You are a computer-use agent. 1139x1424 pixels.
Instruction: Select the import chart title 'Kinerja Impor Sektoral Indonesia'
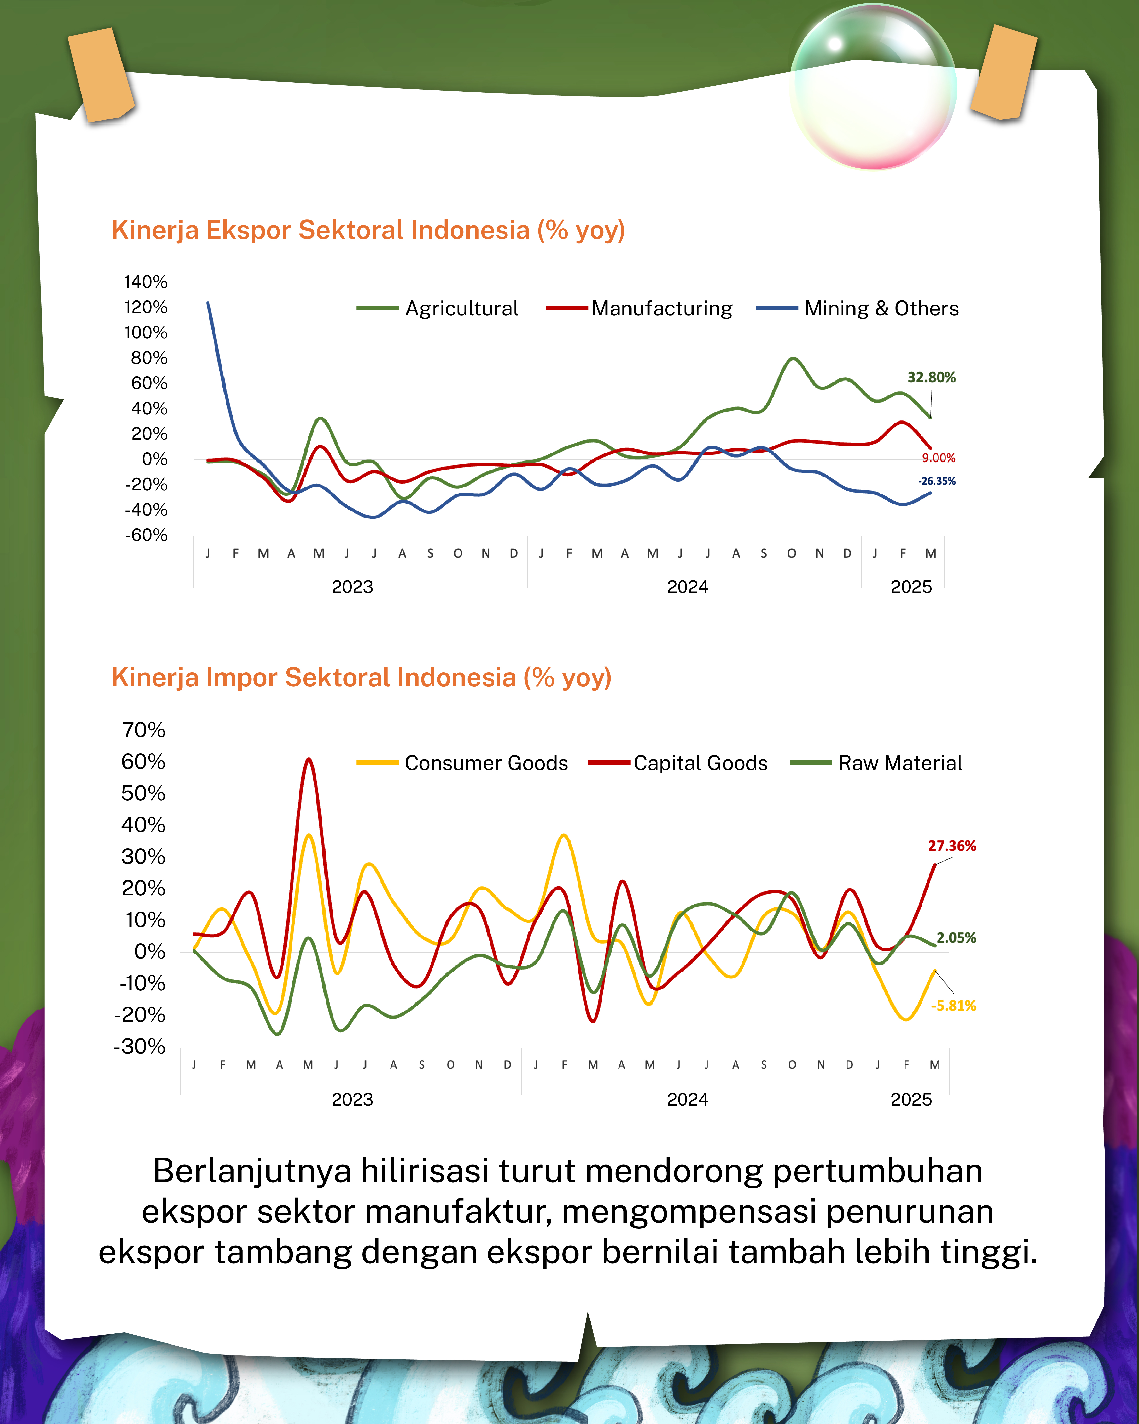(314, 678)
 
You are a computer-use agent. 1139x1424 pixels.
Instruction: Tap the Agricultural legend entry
(437, 308)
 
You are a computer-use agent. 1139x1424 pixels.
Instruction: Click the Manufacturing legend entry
(639, 308)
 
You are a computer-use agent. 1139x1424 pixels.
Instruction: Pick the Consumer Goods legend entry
(462, 763)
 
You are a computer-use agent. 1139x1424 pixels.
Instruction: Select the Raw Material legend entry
(876, 763)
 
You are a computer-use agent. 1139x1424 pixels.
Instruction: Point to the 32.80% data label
(932, 377)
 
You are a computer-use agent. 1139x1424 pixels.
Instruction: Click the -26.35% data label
(937, 481)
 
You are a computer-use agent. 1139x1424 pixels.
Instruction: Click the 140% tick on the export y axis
(145, 282)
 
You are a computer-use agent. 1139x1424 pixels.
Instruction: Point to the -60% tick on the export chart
(146, 535)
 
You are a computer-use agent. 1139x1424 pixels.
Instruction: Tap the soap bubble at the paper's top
(873, 86)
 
